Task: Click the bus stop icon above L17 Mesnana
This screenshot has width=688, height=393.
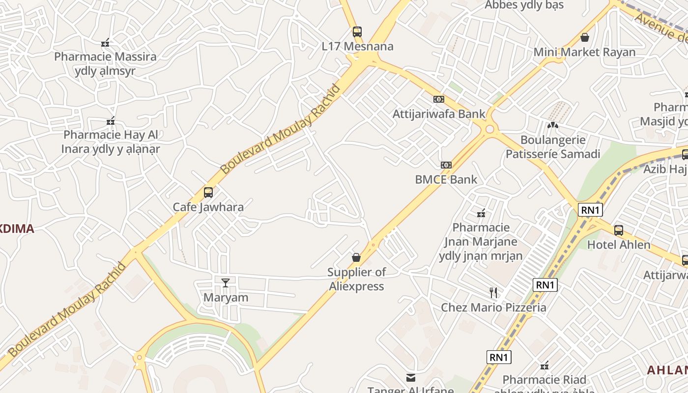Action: [357, 32]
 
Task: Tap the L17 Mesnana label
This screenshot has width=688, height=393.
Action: [357, 47]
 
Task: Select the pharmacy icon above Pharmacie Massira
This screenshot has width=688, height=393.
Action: [105, 43]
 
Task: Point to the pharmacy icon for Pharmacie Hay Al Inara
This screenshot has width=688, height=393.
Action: [111, 121]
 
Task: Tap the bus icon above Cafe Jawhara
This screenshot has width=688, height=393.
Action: [208, 192]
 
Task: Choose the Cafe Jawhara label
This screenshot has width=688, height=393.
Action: [208, 207]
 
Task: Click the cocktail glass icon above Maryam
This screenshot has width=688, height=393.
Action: [226, 282]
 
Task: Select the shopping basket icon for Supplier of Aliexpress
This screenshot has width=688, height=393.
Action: [356, 257]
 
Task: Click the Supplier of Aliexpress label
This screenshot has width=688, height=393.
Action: [356, 279]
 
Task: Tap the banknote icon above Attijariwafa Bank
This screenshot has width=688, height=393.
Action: [439, 99]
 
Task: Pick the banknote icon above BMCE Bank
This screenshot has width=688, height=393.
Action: [446, 165]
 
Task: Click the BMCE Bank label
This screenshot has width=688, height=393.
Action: [446, 179]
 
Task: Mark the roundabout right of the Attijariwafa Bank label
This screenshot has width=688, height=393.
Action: [489, 130]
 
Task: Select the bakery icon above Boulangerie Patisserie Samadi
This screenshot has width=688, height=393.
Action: [553, 125]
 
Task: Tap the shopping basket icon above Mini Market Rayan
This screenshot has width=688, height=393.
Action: [585, 37]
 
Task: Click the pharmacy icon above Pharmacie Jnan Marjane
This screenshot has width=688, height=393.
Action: [481, 213]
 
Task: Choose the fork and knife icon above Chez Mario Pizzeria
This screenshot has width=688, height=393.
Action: [493, 293]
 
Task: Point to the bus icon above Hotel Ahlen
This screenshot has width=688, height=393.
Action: [619, 230]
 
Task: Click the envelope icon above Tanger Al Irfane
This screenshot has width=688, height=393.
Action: [410, 377]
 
